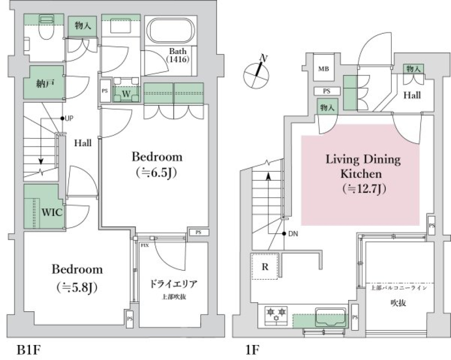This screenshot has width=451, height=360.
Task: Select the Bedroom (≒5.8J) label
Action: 77,277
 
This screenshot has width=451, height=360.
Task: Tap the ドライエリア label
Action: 173,284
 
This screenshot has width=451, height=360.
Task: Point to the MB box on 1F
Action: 323,69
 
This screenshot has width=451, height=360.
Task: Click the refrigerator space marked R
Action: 265,267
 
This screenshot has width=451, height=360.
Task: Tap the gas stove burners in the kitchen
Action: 276,314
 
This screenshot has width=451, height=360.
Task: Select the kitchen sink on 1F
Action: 331,317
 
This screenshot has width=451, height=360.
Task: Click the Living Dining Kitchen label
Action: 363,173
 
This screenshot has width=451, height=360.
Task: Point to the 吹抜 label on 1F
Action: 398,303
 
